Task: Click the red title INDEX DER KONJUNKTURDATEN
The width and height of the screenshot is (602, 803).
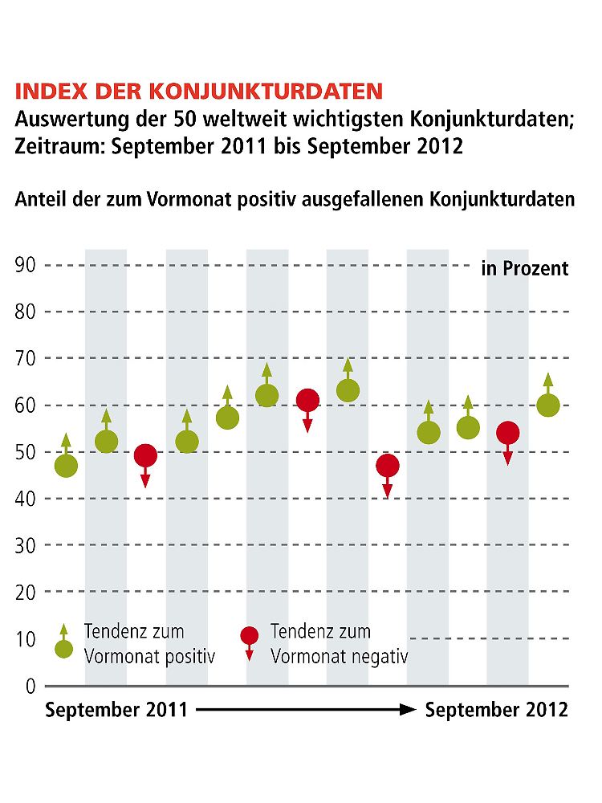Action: [199, 90]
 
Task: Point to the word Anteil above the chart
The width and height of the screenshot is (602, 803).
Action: [40, 200]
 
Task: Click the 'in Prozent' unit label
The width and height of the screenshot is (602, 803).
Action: [524, 268]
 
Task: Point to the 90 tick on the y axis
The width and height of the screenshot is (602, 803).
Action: [26, 266]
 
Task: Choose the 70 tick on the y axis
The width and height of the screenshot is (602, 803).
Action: [26, 359]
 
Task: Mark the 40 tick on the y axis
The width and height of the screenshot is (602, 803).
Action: [26, 499]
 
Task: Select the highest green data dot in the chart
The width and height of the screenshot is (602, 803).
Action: [348, 390]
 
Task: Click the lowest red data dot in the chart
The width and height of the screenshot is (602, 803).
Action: [388, 466]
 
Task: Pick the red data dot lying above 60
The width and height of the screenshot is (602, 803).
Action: [307, 399]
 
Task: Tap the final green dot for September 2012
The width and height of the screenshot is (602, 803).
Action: [548, 406]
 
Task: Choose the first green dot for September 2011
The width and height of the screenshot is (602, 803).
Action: [66, 465]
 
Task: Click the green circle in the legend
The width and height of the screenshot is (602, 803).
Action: [64, 649]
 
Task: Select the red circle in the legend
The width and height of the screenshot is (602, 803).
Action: [250, 636]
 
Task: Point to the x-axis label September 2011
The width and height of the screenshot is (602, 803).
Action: [116, 710]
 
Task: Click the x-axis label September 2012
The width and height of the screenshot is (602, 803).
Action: [496, 710]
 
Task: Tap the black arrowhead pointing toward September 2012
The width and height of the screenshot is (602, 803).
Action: [408, 710]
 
